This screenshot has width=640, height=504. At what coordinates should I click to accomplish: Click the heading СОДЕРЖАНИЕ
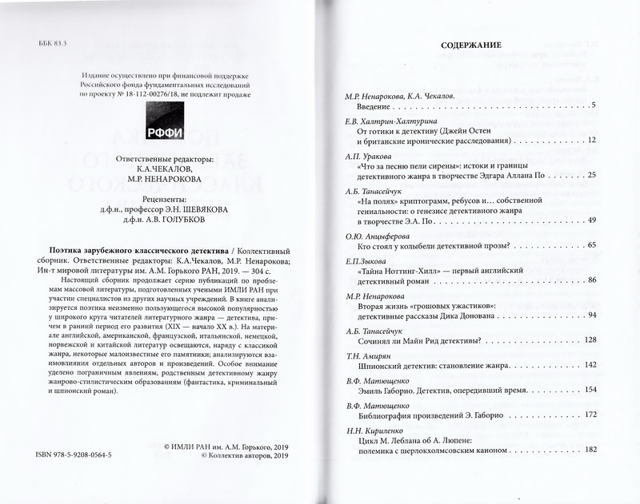(x=471, y=47)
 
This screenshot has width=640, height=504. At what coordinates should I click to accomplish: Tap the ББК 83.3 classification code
(x=54, y=42)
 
